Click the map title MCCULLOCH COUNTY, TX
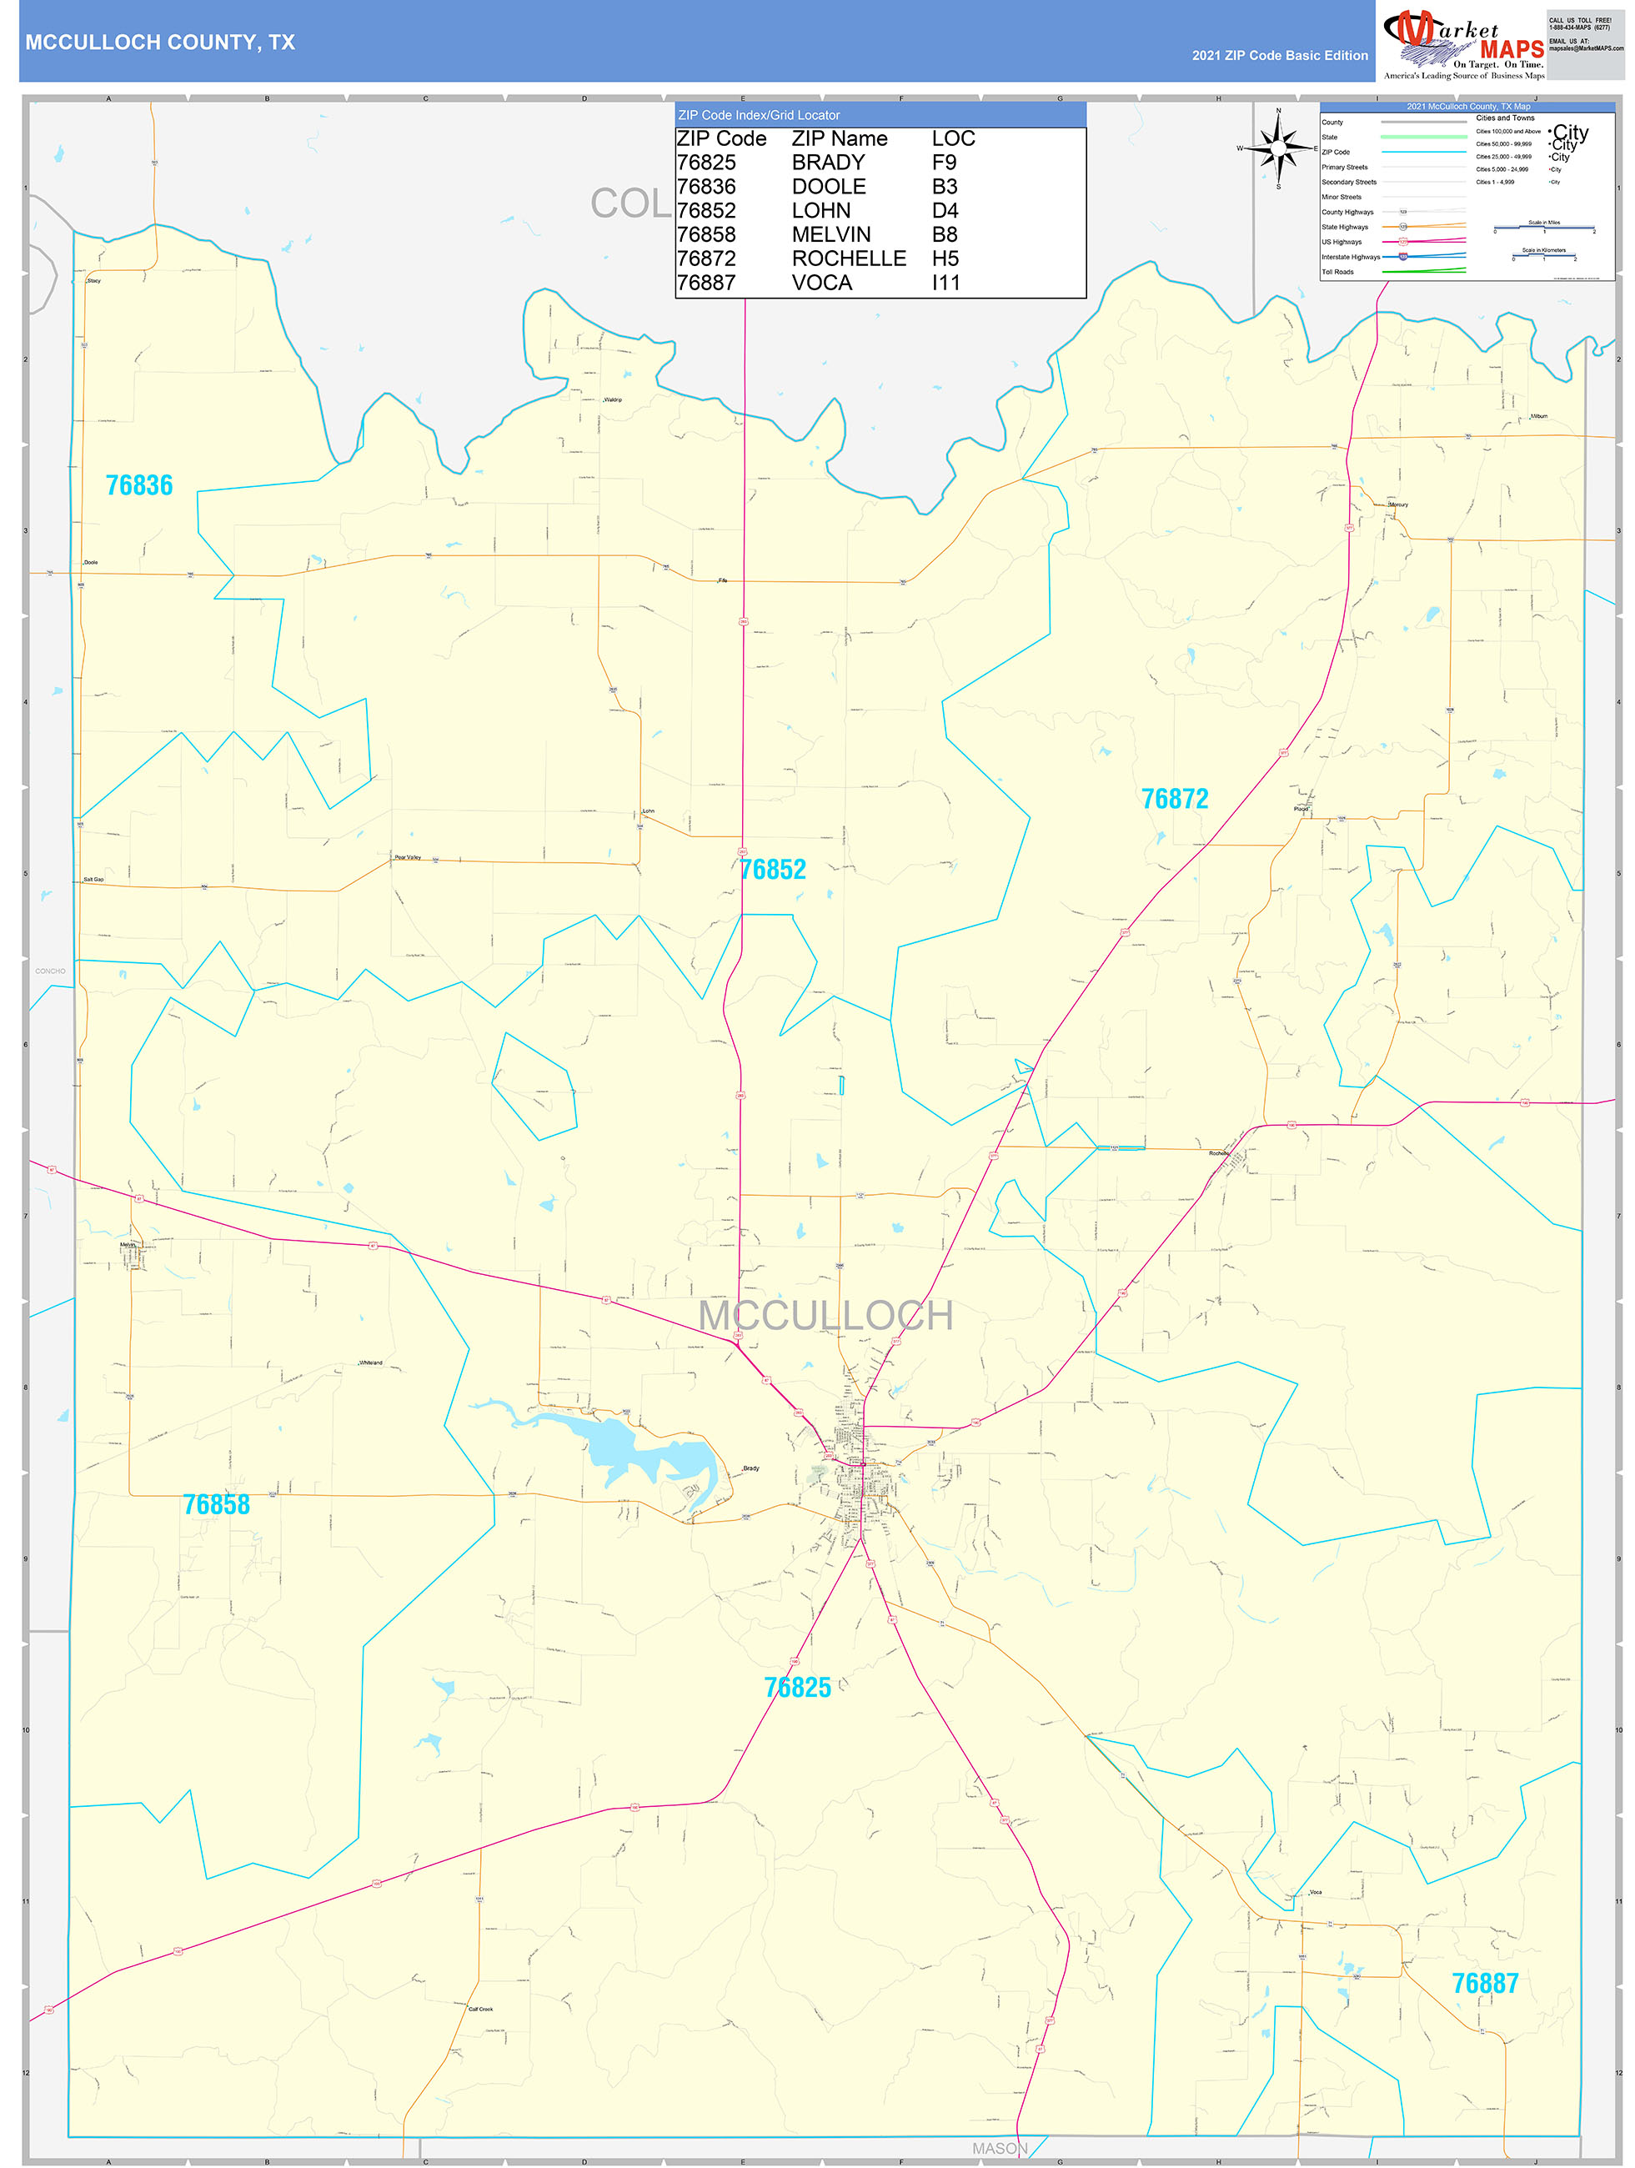click(x=160, y=43)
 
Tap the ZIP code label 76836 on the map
click(x=139, y=485)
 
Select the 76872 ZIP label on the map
click(x=1174, y=799)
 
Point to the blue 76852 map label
click(x=774, y=870)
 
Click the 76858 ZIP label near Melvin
click(x=217, y=1504)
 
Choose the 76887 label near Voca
click(x=1484, y=1984)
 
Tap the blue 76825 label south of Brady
click(x=797, y=1687)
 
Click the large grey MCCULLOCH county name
click(x=825, y=1315)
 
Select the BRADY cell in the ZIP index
click(x=828, y=163)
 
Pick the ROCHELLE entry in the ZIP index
click(x=849, y=258)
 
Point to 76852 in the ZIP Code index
click(x=705, y=211)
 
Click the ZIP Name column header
click(x=839, y=139)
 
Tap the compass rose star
click(x=1277, y=148)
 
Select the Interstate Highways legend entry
click(x=1350, y=257)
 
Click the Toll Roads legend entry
click(x=1337, y=272)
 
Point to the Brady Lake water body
click(x=627, y=1445)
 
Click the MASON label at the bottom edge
click(x=1000, y=2147)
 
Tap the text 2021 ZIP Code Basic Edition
click(x=1279, y=56)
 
